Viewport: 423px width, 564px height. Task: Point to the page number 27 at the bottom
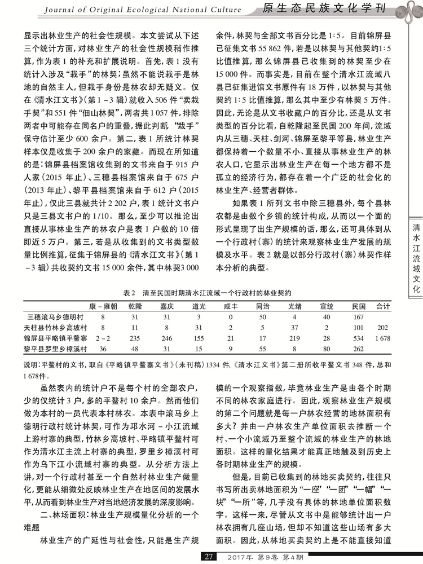point(209,557)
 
